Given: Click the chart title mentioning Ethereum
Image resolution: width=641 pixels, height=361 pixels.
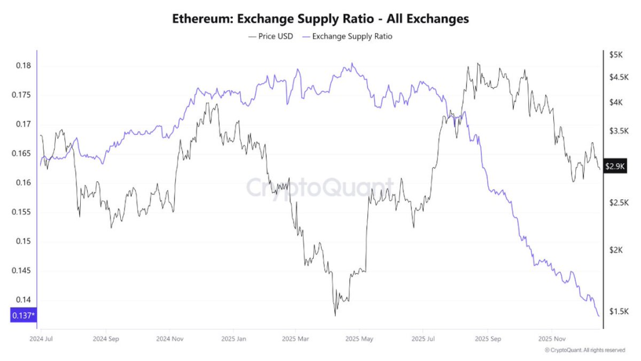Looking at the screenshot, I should (x=320, y=19).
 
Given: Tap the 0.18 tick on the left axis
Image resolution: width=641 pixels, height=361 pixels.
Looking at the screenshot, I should (x=24, y=66).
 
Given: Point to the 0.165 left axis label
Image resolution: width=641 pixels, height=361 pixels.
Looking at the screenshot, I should (x=22, y=154).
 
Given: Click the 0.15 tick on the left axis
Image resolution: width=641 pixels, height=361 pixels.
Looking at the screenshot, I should (x=24, y=241).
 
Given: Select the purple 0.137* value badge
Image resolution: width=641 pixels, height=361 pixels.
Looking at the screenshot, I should (x=24, y=316).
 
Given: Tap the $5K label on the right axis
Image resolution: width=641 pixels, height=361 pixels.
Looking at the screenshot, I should (x=616, y=55).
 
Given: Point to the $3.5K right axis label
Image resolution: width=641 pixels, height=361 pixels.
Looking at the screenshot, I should (x=618, y=131).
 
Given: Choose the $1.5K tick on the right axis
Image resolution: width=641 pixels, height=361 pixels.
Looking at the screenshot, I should (x=618, y=311).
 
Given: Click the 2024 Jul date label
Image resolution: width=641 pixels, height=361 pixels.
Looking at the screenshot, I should (x=41, y=338).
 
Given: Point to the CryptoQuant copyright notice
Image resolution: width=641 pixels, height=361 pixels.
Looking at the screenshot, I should (x=584, y=350).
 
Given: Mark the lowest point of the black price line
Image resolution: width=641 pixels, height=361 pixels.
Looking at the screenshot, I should (x=335, y=315).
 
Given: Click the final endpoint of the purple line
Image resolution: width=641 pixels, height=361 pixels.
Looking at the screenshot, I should (x=599, y=316).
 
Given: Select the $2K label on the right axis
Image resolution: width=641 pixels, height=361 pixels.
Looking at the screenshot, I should (x=616, y=250).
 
